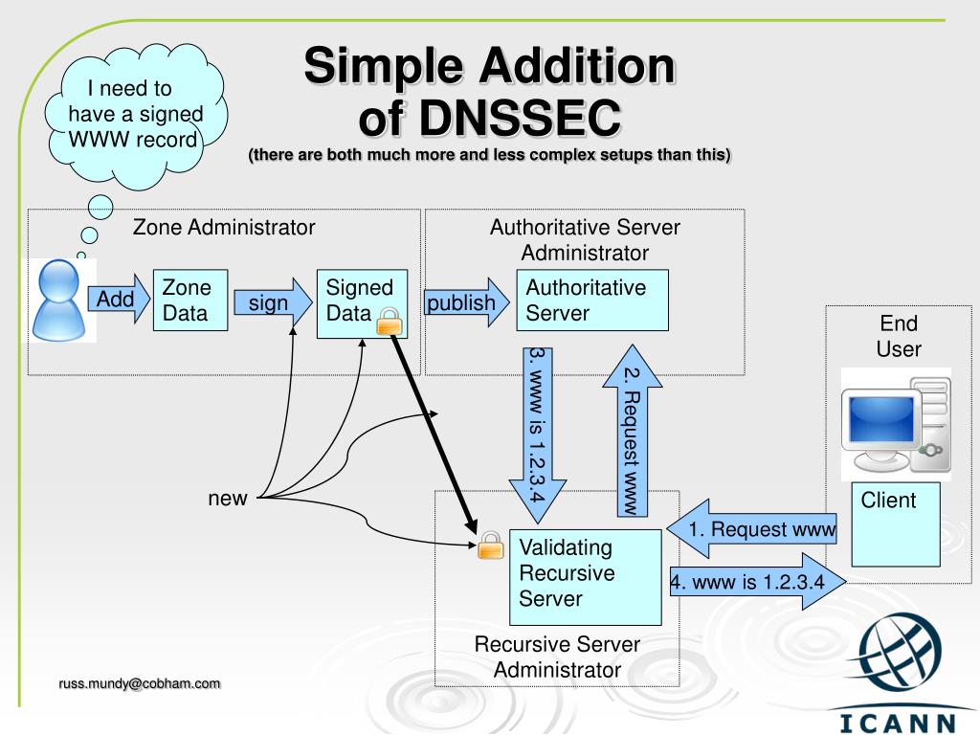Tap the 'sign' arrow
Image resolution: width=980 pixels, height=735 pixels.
pyautogui.click(x=273, y=303)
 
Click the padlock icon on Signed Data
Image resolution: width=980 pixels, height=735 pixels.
pyautogui.click(x=389, y=322)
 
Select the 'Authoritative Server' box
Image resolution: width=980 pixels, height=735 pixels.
pyautogui.click(x=590, y=301)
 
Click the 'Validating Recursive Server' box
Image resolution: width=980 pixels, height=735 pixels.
pyautogui.click(x=584, y=573)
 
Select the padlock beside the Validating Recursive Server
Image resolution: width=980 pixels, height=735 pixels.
pyautogui.click(x=490, y=545)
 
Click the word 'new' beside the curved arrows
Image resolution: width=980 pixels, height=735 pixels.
pyautogui.click(x=228, y=499)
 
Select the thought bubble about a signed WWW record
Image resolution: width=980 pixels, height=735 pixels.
pyautogui.click(x=135, y=116)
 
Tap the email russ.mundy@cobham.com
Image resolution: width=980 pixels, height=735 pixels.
pyautogui.click(x=140, y=683)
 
